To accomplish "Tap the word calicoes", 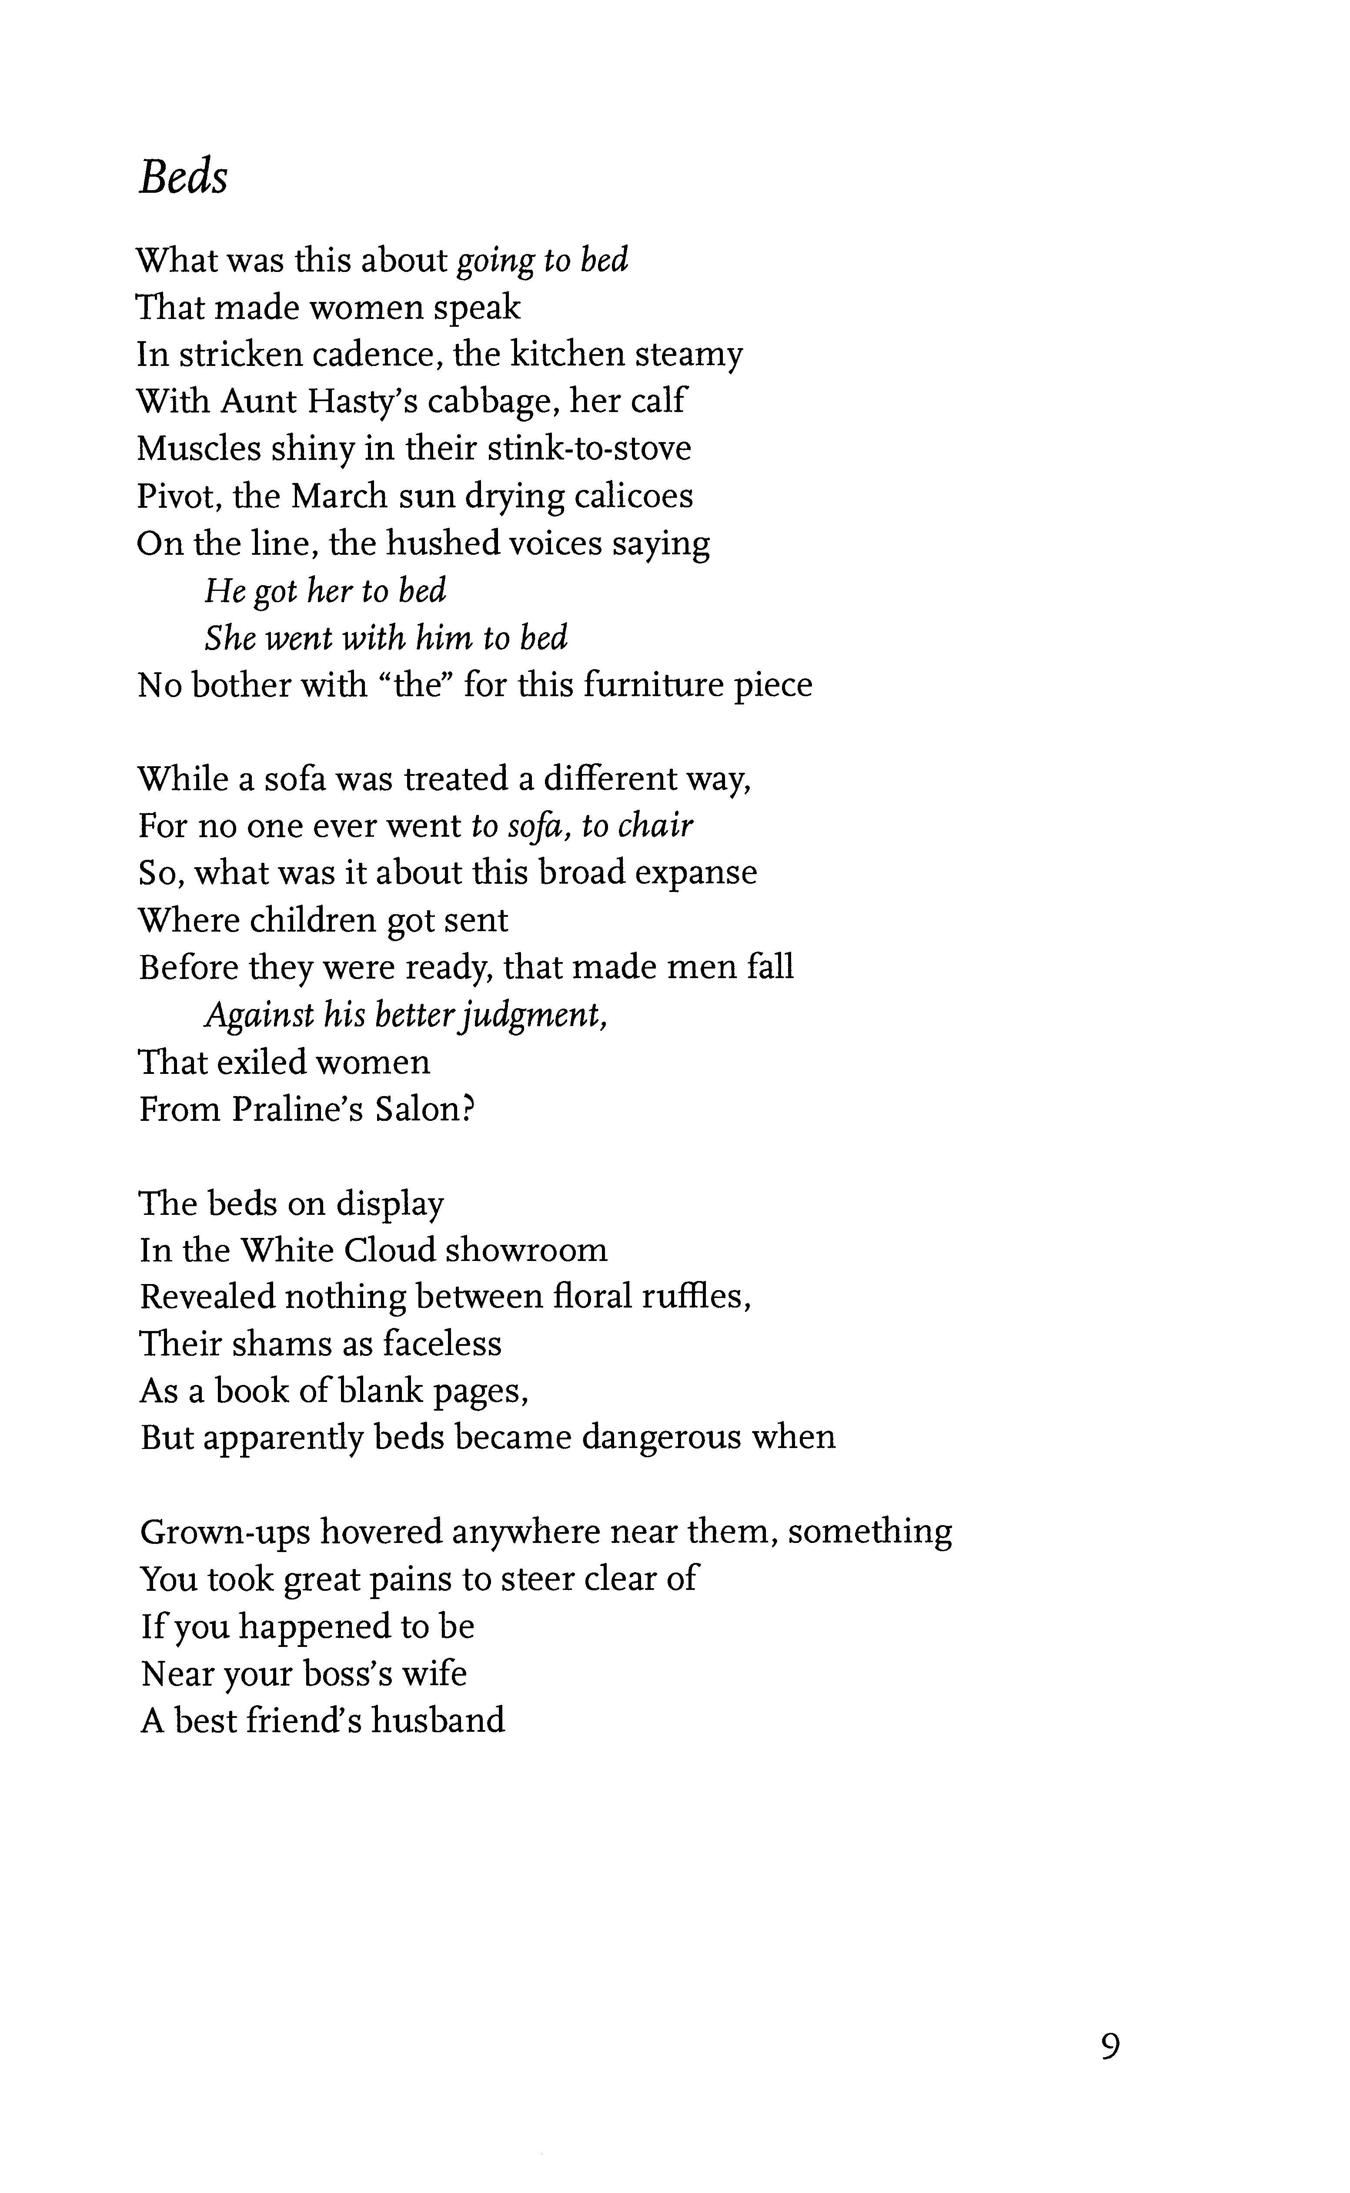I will coord(633,496).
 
